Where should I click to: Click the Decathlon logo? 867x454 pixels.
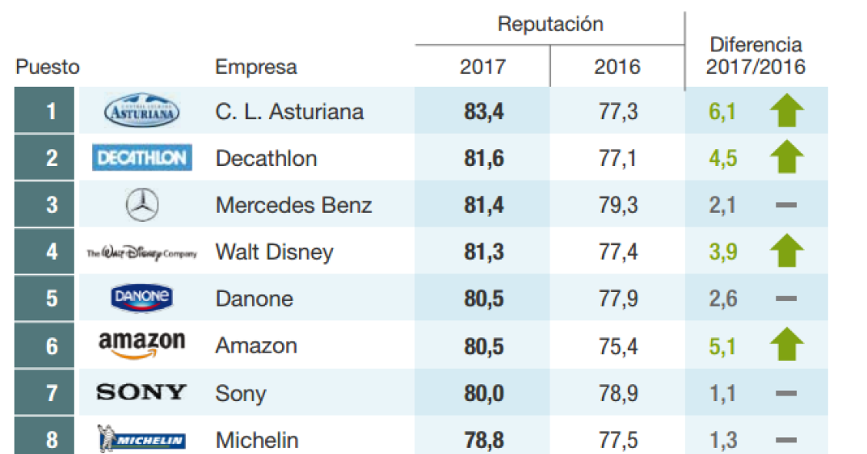click(142, 158)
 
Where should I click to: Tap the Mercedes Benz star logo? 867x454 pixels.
click(141, 205)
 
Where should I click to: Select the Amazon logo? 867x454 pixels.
click(142, 344)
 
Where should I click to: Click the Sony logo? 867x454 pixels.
click(141, 393)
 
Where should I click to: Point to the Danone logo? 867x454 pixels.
click(142, 298)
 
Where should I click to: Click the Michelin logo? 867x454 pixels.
click(142, 439)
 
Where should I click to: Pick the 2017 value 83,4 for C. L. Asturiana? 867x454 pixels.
click(483, 112)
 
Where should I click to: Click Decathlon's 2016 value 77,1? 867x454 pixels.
click(617, 159)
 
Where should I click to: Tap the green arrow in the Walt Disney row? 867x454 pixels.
click(786, 251)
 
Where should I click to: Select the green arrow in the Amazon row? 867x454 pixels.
click(786, 345)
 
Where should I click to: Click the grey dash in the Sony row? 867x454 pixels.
click(786, 393)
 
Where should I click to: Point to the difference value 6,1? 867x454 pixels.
click(722, 112)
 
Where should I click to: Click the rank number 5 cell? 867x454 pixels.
click(51, 298)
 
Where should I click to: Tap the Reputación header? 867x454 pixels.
click(550, 24)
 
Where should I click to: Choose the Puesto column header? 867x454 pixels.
click(47, 67)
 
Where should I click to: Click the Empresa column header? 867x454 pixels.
click(256, 67)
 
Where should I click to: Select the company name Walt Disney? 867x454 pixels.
click(274, 252)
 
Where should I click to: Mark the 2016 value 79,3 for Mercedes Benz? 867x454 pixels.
click(617, 205)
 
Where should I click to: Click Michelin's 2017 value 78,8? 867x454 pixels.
click(483, 440)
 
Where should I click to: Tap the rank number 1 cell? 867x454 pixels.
click(51, 112)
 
